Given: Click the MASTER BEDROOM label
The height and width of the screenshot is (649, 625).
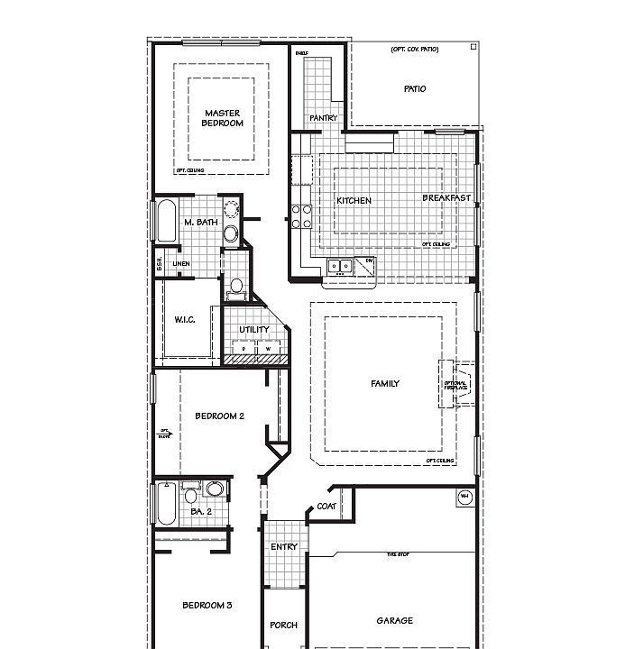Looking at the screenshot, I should tap(221, 118).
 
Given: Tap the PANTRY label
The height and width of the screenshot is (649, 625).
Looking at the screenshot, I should tap(323, 118).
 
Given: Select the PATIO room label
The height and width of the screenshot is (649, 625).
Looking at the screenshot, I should tap(415, 89).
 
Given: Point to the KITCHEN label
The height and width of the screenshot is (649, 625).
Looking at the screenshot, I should tap(354, 201).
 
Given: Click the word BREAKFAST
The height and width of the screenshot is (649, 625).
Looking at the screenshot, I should tap(446, 198).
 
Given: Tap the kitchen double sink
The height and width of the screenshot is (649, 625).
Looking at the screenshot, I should tap(340, 266).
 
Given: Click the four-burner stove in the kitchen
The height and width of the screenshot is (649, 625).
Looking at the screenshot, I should tap(301, 216).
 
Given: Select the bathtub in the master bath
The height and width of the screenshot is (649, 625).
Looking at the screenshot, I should tap(166, 221).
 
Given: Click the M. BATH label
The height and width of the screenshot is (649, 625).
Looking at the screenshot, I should tap(199, 223).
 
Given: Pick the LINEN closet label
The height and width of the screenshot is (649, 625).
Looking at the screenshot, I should tap(181, 264).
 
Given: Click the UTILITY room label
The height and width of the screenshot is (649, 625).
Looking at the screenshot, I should tap(254, 330).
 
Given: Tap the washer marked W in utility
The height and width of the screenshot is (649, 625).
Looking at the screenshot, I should tap(268, 348).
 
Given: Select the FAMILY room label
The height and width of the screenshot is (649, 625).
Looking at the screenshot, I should tap(385, 384).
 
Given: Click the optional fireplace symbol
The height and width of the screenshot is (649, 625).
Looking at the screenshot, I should tap(457, 385).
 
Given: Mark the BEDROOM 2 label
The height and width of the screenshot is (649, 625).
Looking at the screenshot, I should tap(220, 416).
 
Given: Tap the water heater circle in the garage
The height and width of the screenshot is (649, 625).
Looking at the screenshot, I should tap(465, 498).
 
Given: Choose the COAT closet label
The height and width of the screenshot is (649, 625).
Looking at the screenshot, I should tap(326, 507).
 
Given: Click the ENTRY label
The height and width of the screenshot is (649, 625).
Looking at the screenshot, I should tap(284, 547).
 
